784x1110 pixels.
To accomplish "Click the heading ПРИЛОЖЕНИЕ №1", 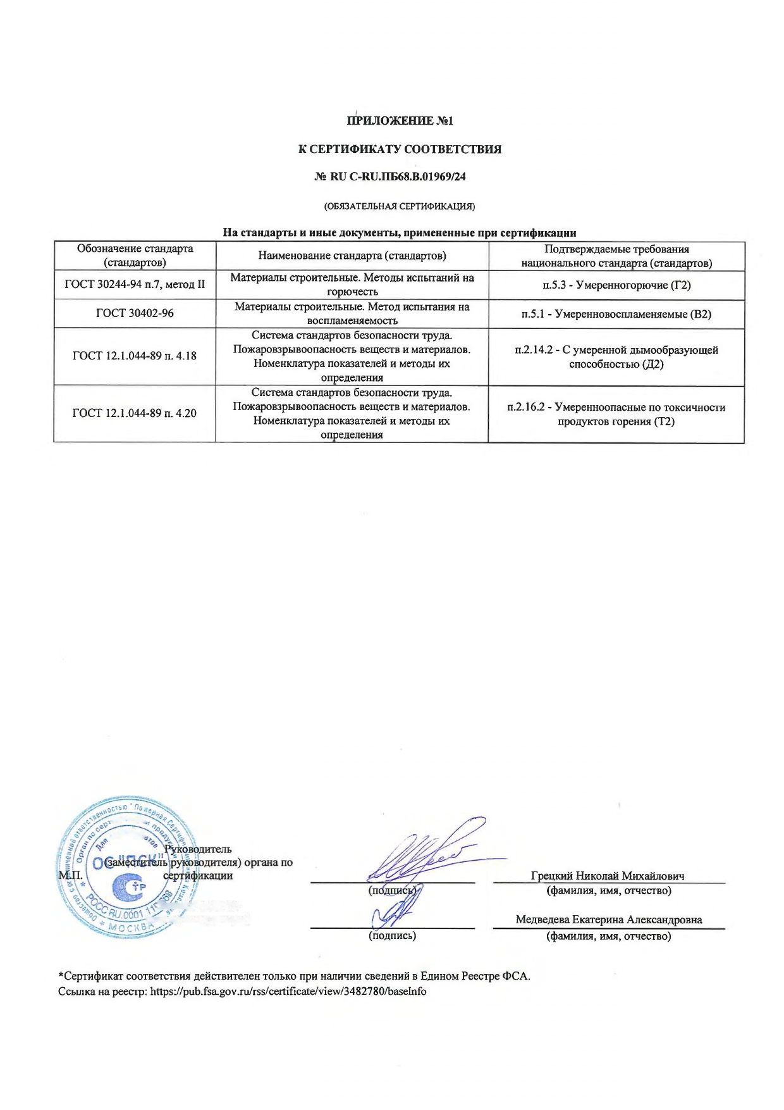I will (x=400, y=120).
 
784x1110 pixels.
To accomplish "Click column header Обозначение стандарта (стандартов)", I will (x=135, y=255).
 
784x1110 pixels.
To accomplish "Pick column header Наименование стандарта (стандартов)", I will (x=352, y=256).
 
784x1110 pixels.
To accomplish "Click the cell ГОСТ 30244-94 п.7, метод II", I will (x=135, y=285).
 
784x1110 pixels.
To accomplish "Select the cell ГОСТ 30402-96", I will (x=135, y=313).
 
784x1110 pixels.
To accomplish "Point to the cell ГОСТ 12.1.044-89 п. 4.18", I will (x=135, y=356).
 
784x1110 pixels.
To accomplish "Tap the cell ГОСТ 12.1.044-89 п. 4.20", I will (x=135, y=413).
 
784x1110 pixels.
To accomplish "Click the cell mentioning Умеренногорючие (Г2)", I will (x=616, y=285).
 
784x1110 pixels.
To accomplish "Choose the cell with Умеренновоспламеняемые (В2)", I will (x=616, y=314).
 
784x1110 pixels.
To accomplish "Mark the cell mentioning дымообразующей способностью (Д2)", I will (x=616, y=357).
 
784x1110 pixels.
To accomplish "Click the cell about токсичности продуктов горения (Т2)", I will (x=616, y=414).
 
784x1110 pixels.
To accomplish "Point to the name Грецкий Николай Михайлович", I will (x=608, y=876).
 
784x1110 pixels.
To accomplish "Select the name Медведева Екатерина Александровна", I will (x=608, y=920).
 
